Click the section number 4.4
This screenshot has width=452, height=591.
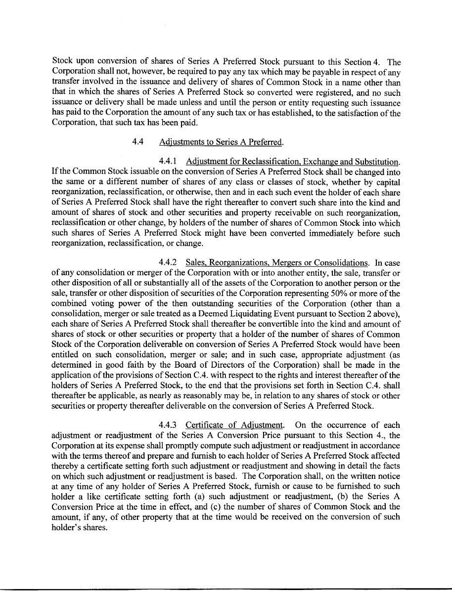click(x=137, y=142)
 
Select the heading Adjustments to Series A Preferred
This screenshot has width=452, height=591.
click(x=221, y=142)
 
